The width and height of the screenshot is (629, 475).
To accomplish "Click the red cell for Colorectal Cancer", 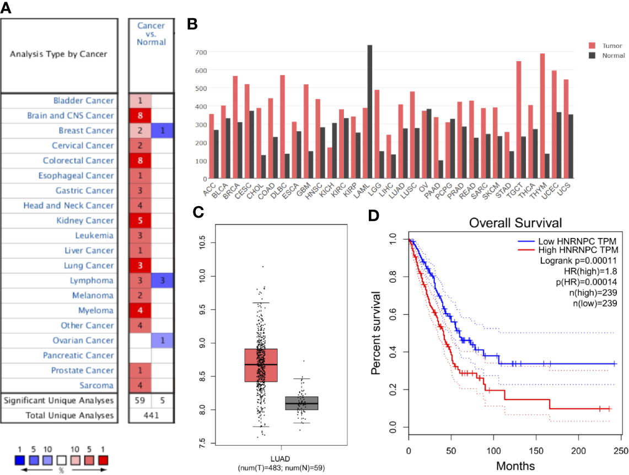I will click(140, 161).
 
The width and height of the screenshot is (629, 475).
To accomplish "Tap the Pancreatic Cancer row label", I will click(79, 355).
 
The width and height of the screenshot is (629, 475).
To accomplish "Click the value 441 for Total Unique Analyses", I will click(151, 415).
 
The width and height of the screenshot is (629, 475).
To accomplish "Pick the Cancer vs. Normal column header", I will click(151, 34).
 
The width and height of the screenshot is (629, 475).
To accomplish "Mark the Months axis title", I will click(515, 466).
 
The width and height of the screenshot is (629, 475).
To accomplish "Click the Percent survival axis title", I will click(378, 332).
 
